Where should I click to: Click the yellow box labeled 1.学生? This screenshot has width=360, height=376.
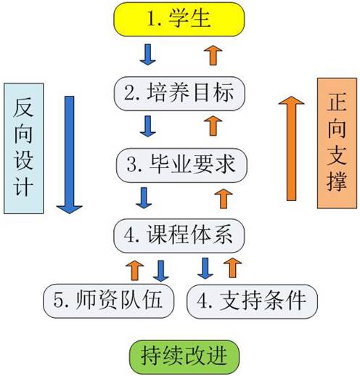click(x=179, y=19)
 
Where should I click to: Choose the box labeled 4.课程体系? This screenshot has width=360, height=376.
click(x=179, y=234)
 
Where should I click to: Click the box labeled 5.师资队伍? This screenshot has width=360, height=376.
click(x=108, y=298)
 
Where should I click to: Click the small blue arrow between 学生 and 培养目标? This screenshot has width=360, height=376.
click(x=148, y=54)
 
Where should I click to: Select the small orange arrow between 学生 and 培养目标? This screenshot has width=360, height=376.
click(x=211, y=53)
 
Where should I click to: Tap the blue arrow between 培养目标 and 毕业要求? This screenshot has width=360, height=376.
click(x=148, y=126)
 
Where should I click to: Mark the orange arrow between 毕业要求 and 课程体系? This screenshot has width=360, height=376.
click(x=222, y=197)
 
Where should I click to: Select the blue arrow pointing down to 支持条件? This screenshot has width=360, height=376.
click(x=205, y=268)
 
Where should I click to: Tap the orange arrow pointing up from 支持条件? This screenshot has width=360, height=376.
click(x=232, y=266)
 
